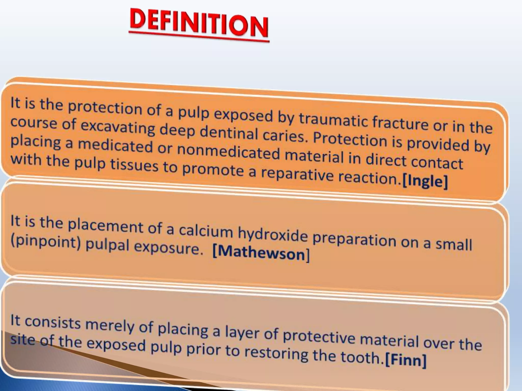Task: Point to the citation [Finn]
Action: [406, 360]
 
